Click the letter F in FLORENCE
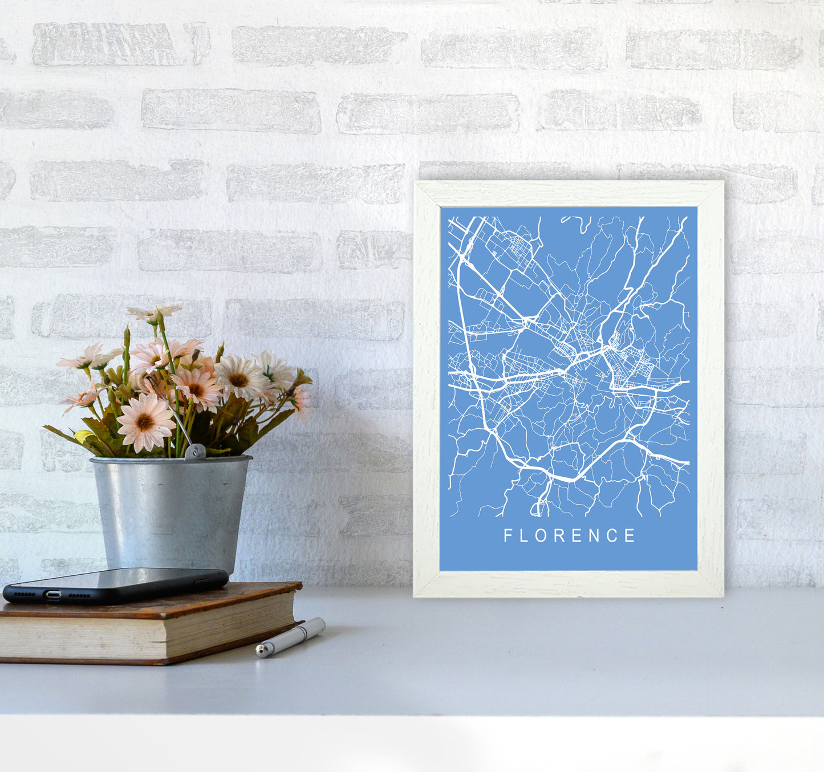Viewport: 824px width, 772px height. (x=508, y=535)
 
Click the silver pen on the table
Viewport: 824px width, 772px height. (x=291, y=637)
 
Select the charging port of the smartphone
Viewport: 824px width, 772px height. (x=53, y=595)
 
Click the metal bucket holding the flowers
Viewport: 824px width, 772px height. (x=171, y=513)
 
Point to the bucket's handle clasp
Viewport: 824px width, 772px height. (x=194, y=452)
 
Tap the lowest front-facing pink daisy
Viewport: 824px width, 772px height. (x=145, y=422)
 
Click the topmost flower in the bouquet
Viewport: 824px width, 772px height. (x=154, y=313)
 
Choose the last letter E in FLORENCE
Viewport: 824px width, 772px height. (x=630, y=535)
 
